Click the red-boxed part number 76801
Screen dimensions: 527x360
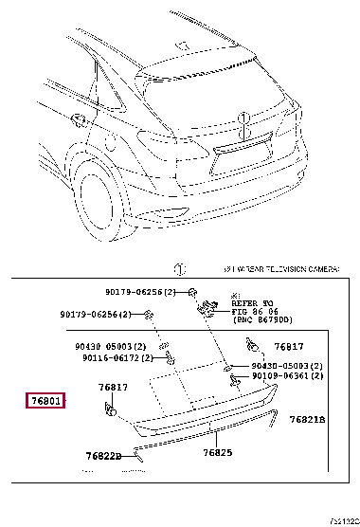(x=44, y=403)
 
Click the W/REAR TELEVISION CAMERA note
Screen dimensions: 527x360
(x=280, y=270)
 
